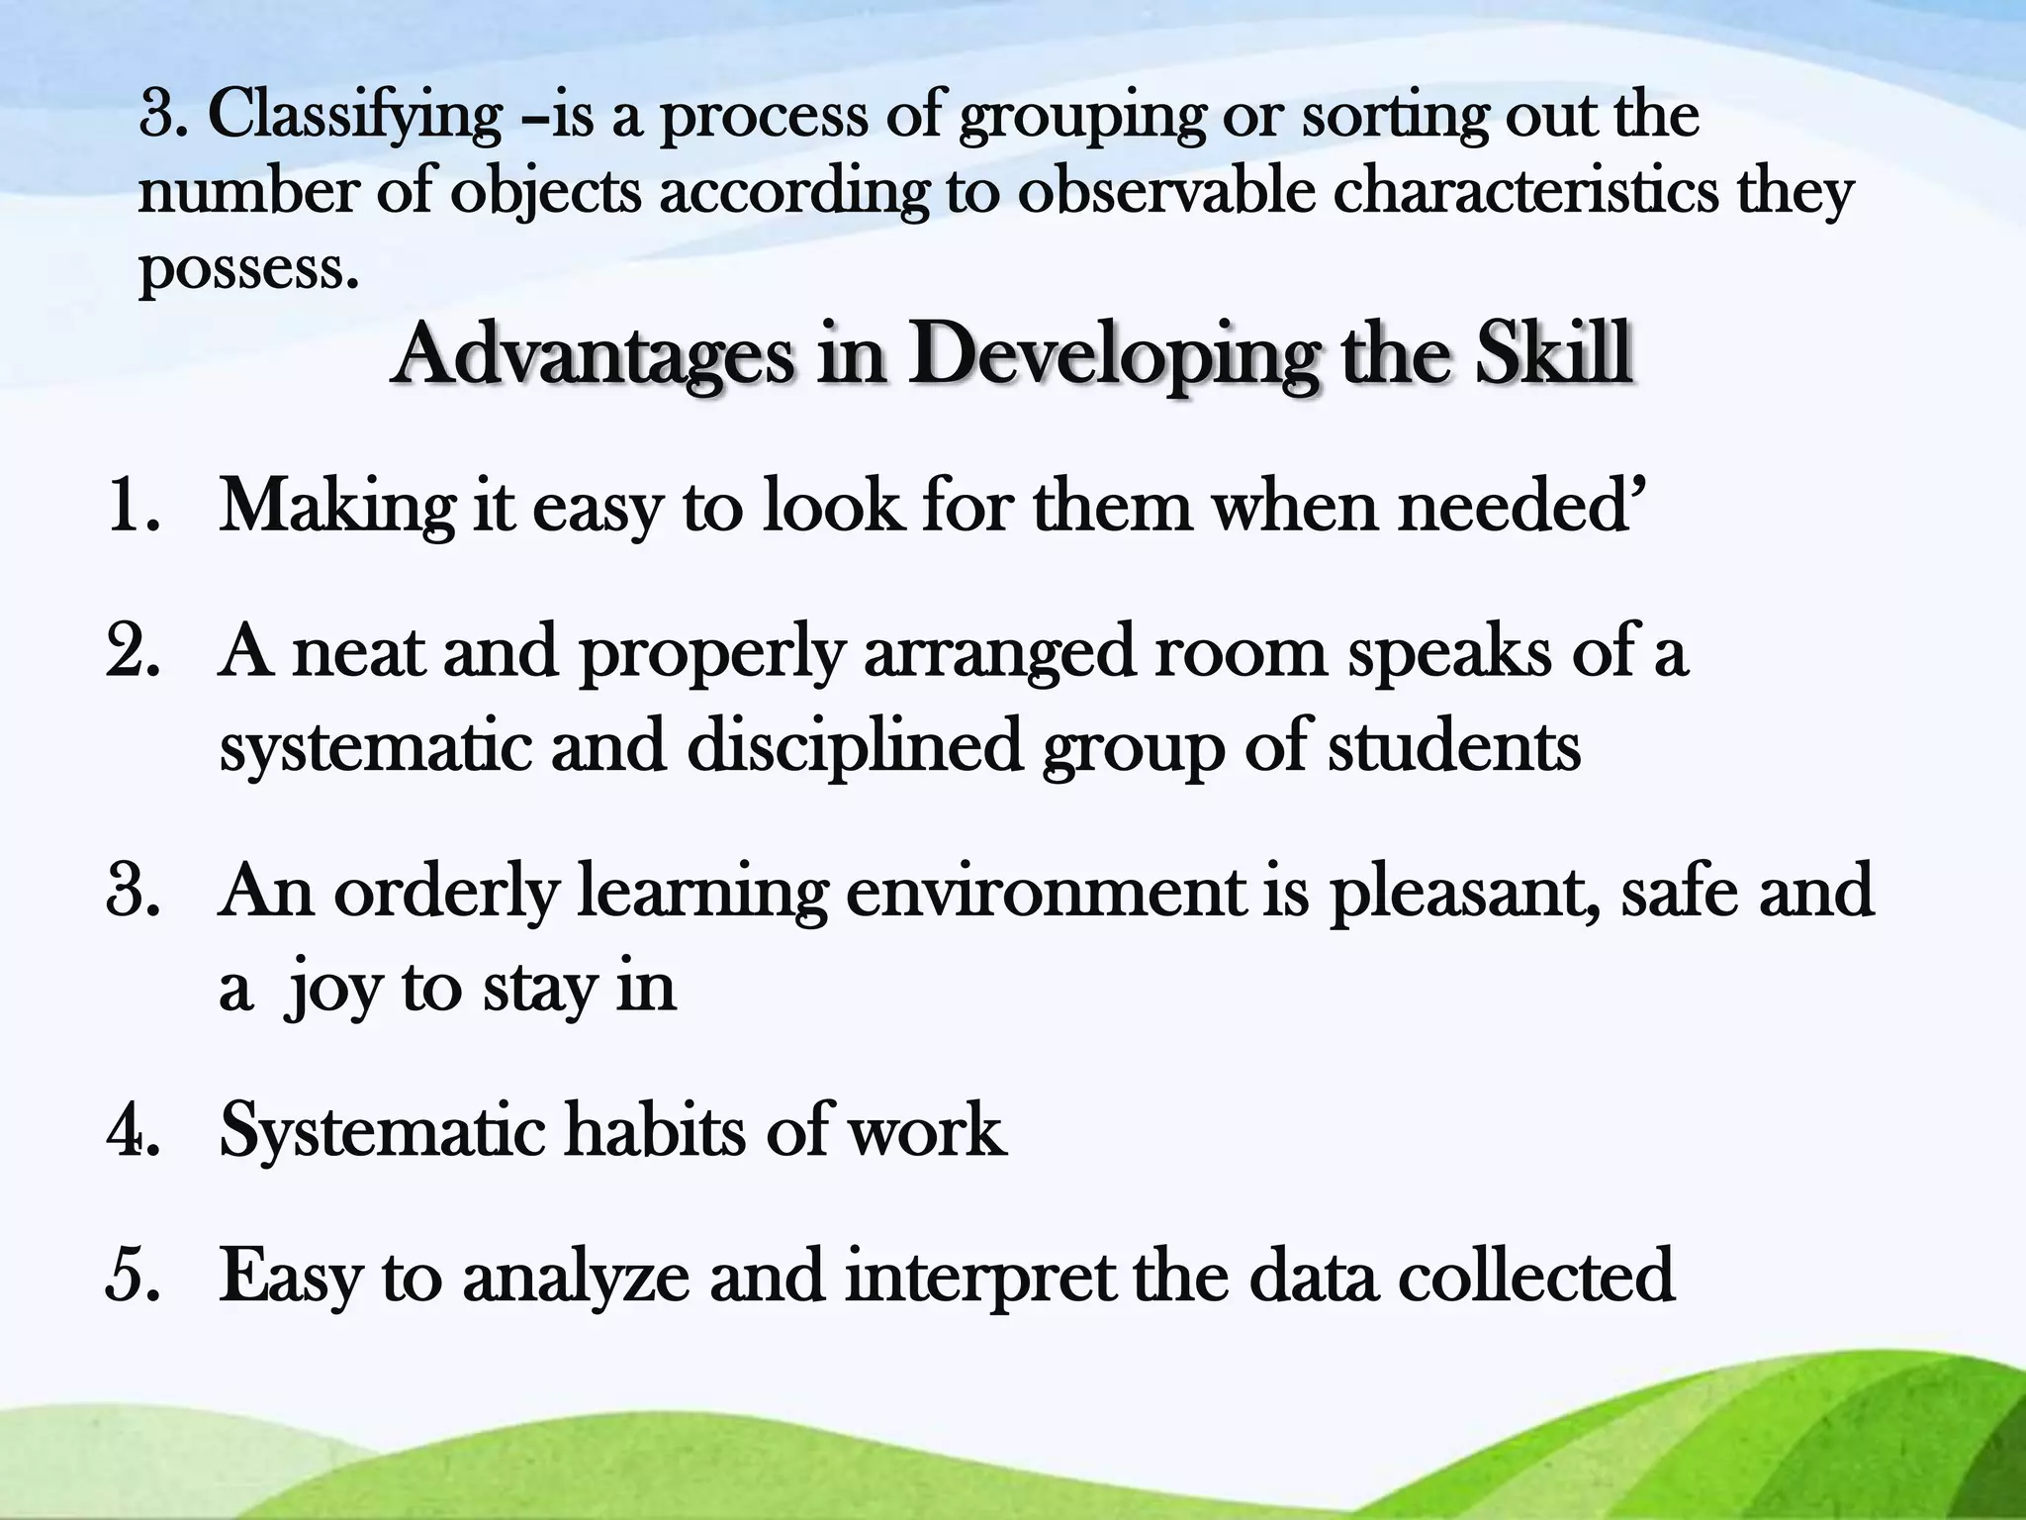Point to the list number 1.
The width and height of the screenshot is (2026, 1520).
[x=133, y=506]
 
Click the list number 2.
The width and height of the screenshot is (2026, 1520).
[x=133, y=652]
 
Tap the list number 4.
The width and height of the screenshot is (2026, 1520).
[x=133, y=1129]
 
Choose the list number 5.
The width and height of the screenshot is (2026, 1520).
[x=133, y=1276]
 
